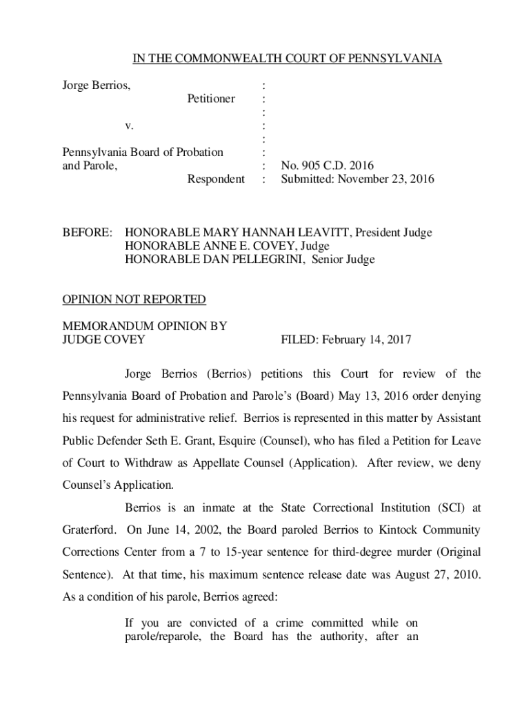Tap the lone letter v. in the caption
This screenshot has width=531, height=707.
click(129, 126)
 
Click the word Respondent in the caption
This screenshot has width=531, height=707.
click(216, 180)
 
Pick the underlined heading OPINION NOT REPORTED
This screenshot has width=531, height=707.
click(134, 300)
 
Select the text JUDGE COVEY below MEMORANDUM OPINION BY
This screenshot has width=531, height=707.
click(104, 340)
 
